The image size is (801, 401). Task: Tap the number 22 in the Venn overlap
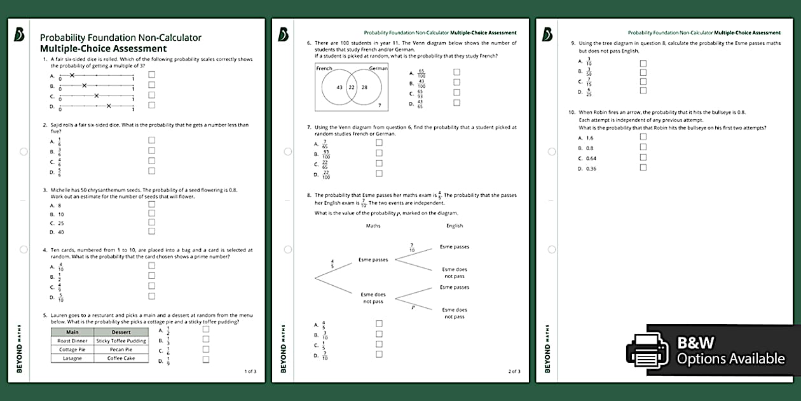pos(351,87)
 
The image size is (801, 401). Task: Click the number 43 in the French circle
pos(339,87)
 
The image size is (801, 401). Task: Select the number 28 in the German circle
pos(364,87)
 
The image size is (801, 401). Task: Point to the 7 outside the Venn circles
pos(380,104)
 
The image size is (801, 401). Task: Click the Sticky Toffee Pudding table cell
pos(121,341)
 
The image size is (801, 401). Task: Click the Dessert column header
pos(121,332)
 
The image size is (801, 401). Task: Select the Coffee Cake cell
pos(121,358)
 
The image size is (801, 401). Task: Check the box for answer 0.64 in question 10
pos(643,157)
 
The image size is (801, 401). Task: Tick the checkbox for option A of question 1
pos(151,74)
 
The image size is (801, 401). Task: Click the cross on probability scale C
pos(96,95)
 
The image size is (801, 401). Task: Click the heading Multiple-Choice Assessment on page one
pos(103,48)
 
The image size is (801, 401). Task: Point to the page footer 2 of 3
pos(514,371)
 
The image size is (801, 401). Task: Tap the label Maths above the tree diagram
pos(373,225)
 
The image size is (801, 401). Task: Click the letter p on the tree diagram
pos(413,306)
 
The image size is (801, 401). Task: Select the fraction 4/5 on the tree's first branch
pos(332,263)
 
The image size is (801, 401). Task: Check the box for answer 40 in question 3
pos(151,232)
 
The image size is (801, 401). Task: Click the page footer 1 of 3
pos(250,371)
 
